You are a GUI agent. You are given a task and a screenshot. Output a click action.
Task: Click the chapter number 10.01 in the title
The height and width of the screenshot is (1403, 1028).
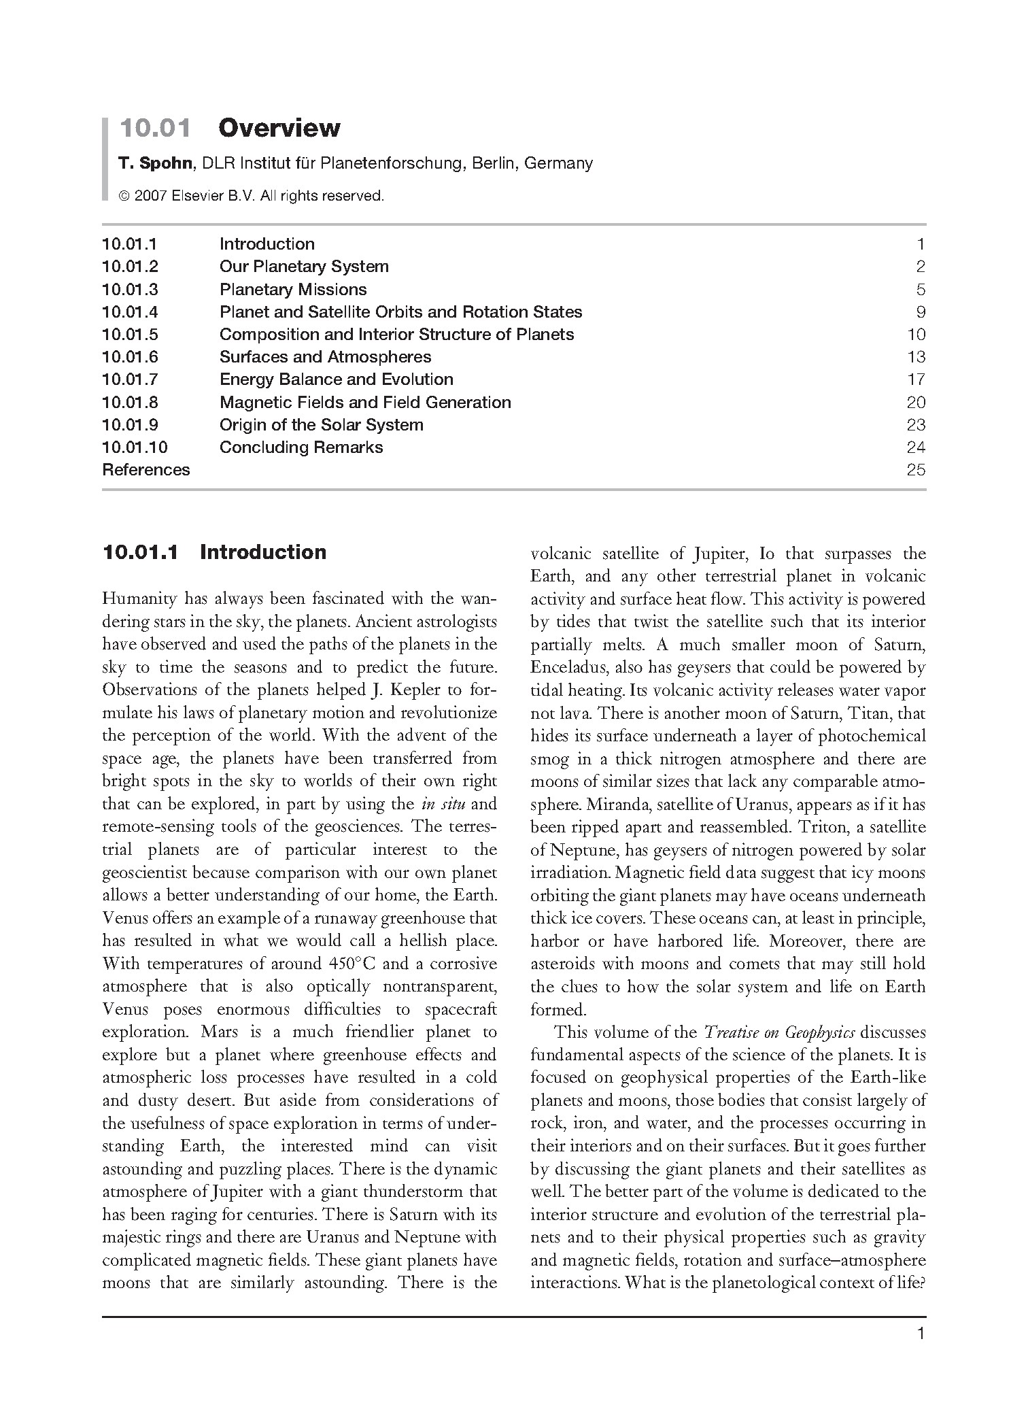coord(155,128)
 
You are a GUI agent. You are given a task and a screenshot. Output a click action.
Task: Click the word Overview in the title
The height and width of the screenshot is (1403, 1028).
coord(279,128)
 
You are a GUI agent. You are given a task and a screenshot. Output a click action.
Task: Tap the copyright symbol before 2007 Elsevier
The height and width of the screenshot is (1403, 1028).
coord(124,197)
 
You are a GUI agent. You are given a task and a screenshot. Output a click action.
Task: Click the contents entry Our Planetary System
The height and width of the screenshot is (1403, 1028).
coord(304,267)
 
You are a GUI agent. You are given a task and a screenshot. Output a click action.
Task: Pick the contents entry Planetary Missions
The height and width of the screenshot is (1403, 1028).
coord(293,290)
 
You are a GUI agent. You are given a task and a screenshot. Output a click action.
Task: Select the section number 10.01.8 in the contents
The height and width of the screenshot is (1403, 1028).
coord(130,403)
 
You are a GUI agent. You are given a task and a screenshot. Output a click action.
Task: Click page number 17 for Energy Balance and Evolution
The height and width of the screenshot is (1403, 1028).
coord(916,379)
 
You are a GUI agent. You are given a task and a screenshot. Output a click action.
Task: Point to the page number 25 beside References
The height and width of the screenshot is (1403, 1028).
coord(916,470)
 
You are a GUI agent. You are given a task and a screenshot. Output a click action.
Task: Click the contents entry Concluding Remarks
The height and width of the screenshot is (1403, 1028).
coord(301,447)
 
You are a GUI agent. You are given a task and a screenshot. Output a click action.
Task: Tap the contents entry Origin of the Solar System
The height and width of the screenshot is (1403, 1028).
coord(321,425)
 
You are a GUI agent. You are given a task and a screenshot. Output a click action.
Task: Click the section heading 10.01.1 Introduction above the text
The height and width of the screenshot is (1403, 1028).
coord(214,552)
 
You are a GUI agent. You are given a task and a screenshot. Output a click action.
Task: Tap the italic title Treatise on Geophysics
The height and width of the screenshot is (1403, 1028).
coord(779,1032)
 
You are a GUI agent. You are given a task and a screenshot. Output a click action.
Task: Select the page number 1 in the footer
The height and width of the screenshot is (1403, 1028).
coord(921,1353)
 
